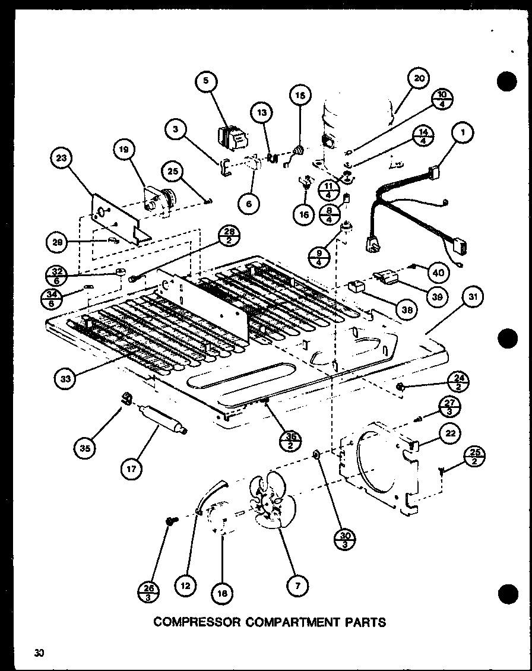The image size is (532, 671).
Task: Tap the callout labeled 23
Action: click(x=62, y=159)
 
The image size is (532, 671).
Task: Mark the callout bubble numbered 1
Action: click(x=461, y=133)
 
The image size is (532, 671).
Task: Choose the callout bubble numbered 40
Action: click(x=438, y=273)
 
